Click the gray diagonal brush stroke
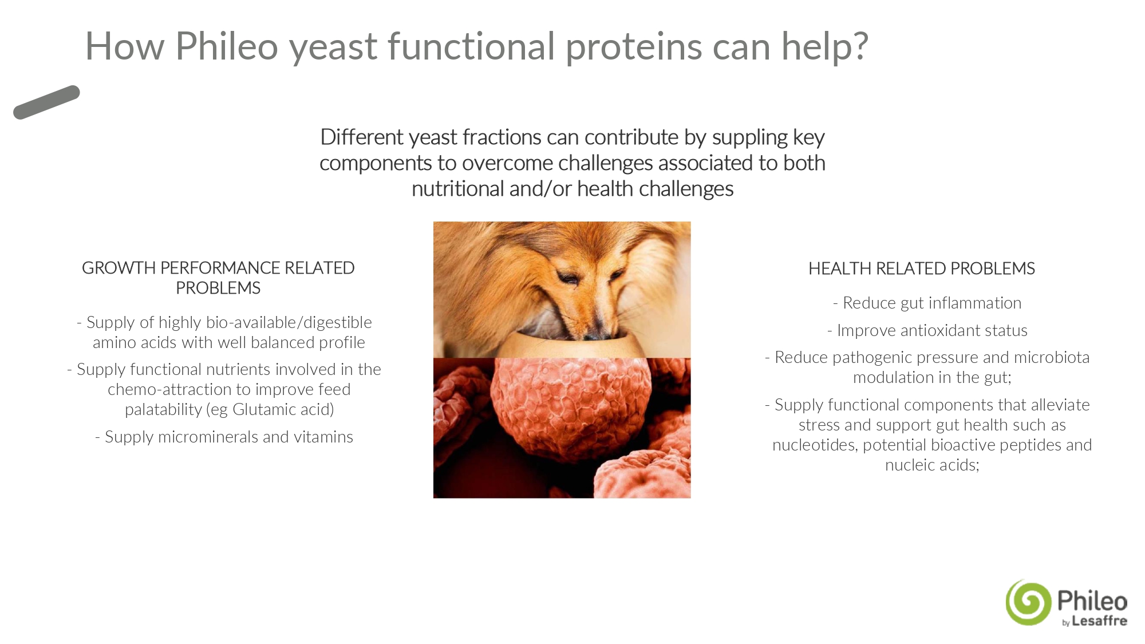pos(46,102)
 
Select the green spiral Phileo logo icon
pos(1029,602)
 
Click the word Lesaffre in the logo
pos(1099,621)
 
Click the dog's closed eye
pos(568,279)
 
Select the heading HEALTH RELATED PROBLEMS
pos(922,268)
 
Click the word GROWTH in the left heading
pos(119,268)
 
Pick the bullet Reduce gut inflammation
pos(927,303)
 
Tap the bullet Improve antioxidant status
pos(927,330)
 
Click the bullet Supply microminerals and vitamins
pos(224,437)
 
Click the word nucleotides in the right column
pos(815,445)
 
